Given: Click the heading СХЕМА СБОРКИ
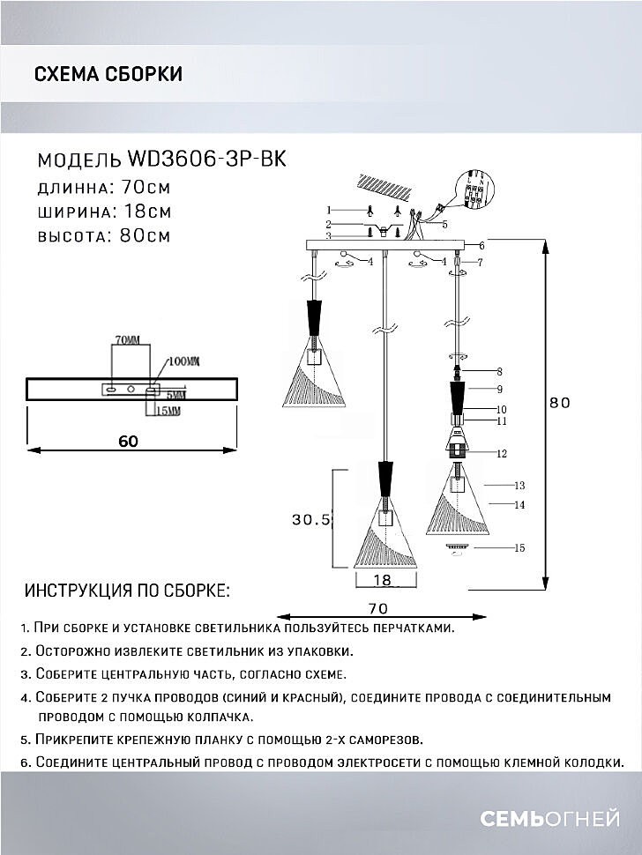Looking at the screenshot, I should click(x=108, y=74).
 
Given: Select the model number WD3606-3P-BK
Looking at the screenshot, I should click(x=207, y=159).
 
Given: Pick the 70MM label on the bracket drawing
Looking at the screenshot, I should click(x=127, y=339).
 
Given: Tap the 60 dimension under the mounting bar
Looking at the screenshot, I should click(x=128, y=442).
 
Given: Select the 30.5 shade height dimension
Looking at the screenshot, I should click(x=310, y=520).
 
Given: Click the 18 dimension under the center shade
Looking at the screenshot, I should click(x=382, y=580).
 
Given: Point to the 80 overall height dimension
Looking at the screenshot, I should click(x=560, y=402).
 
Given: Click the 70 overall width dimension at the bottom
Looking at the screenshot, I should click(x=377, y=608).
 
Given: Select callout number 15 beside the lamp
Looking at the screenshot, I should click(x=519, y=548).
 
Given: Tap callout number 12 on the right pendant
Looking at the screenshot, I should click(x=502, y=454).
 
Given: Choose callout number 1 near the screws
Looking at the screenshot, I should click(x=328, y=211).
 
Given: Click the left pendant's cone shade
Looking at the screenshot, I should click(x=314, y=375).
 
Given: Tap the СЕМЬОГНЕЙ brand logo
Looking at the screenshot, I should click(x=549, y=820).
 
